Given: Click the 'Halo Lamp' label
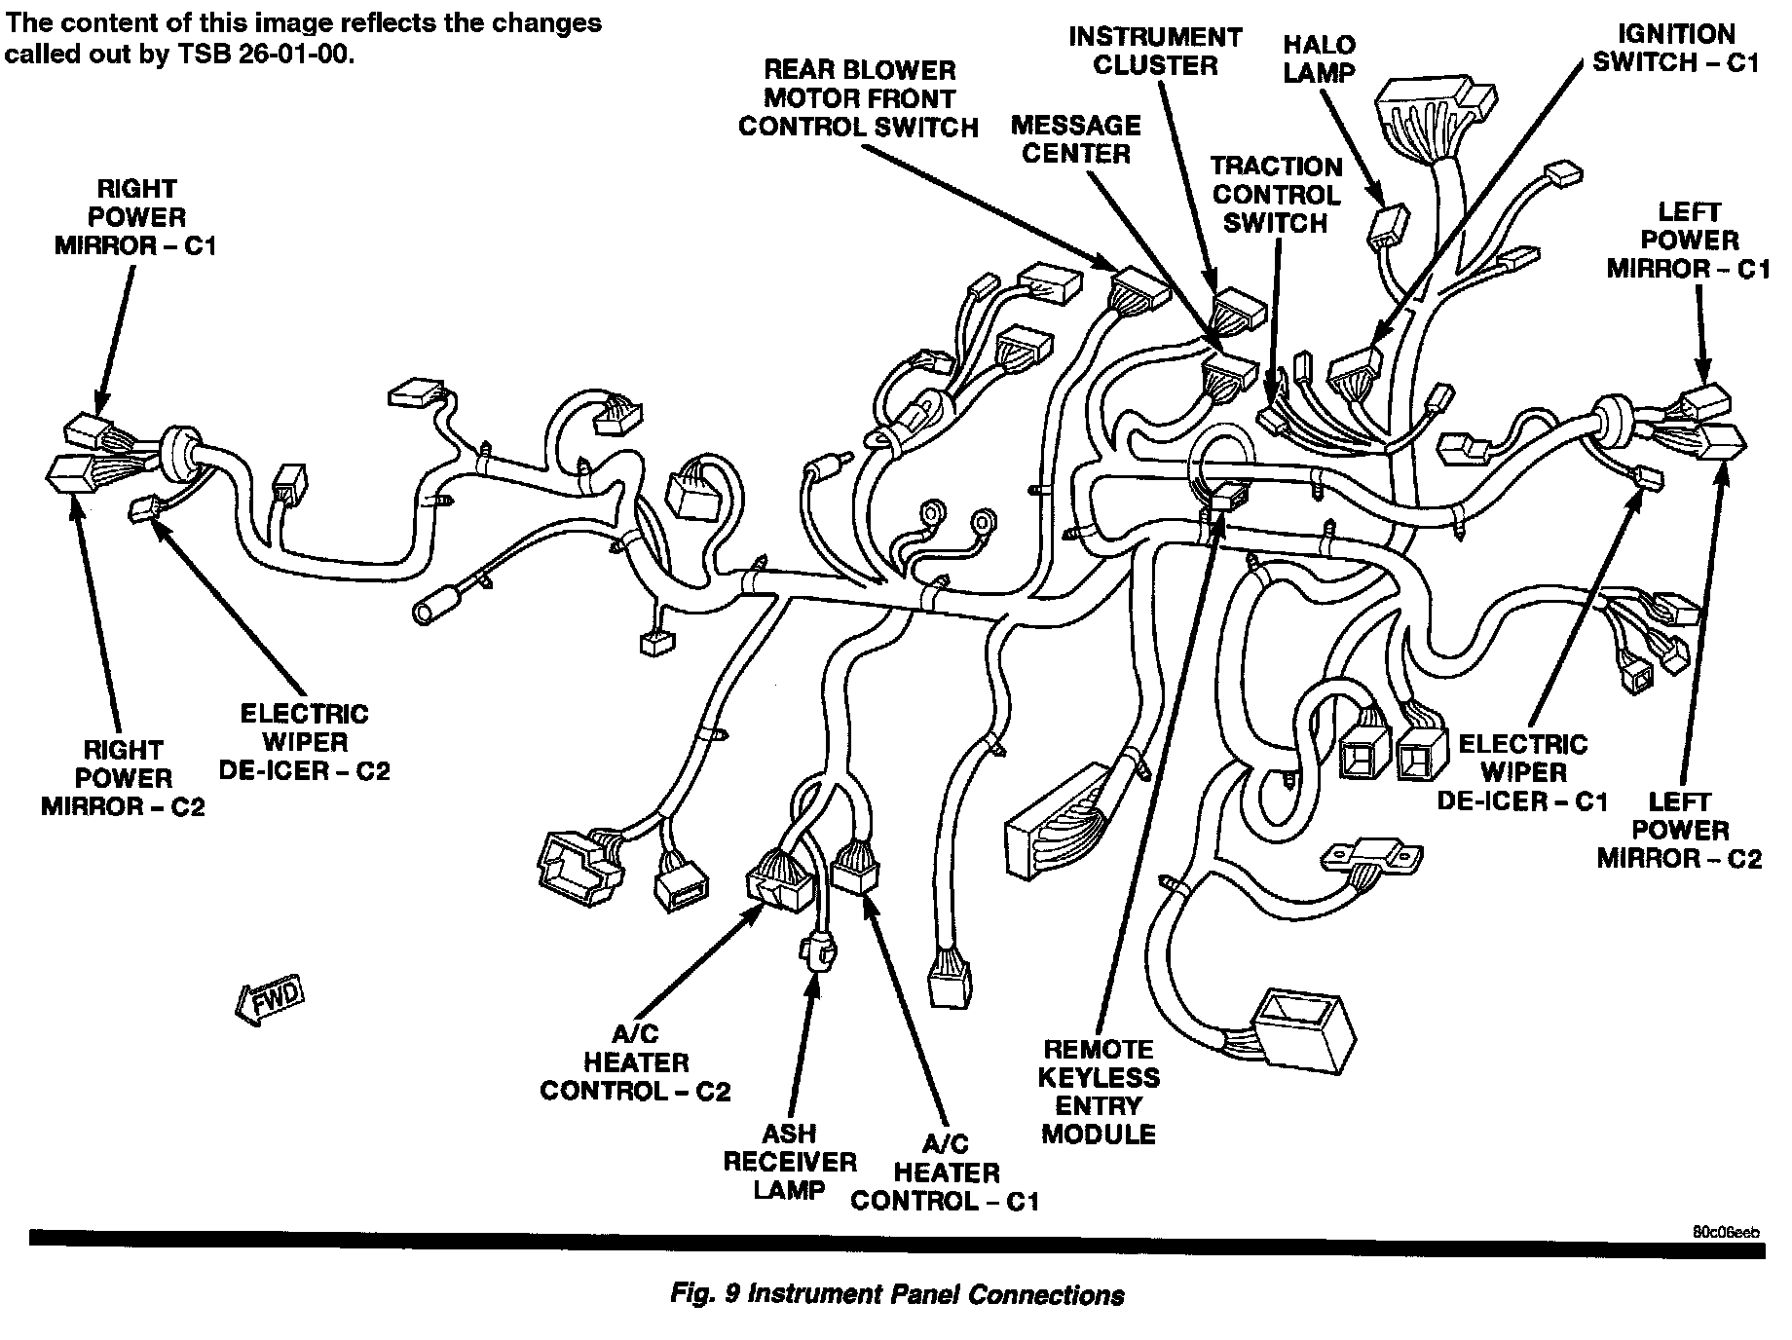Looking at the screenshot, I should (x=1319, y=58).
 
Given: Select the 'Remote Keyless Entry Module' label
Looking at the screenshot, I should (x=1099, y=1092).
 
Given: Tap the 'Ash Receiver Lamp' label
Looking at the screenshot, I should (x=790, y=1162).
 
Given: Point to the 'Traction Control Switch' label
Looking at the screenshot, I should (x=1276, y=195).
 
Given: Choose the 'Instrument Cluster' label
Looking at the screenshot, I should (x=1155, y=52).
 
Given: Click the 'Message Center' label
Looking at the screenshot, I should (x=1076, y=139).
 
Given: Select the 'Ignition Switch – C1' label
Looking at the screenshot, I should (x=1675, y=49).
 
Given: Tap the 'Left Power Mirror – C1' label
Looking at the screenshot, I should (x=1689, y=241).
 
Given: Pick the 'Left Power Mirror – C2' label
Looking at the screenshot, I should (x=1679, y=831).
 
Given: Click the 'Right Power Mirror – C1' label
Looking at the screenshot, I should (x=135, y=217).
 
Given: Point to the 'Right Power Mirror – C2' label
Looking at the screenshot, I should (x=123, y=778).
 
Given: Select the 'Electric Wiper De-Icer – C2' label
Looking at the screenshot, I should (x=304, y=743).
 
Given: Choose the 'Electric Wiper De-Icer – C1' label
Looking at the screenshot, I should (x=1522, y=773).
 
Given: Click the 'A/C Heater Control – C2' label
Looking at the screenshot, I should (x=635, y=1063).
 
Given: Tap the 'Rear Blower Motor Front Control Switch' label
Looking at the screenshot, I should (x=858, y=99).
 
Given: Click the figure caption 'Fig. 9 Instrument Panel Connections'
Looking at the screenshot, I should (x=897, y=1294).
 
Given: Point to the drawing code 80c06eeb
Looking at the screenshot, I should (x=1726, y=1232).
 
